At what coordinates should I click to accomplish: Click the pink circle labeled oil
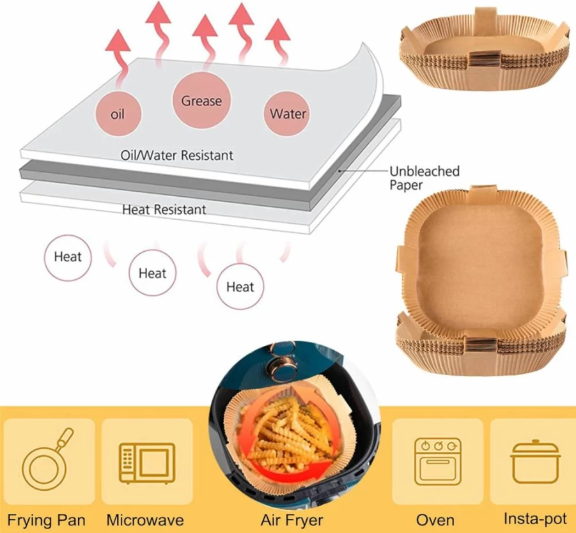pyautogui.click(x=118, y=114)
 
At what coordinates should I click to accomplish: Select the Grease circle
pyautogui.click(x=201, y=100)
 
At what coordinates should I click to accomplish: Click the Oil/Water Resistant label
pyautogui.click(x=176, y=155)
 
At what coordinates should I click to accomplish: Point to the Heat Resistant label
pyautogui.click(x=164, y=210)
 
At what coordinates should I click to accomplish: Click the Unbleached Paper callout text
pyautogui.click(x=424, y=178)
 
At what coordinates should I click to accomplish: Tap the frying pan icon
pyautogui.click(x=47, y=460)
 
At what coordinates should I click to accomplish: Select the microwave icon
pyautogui.click(x=147, y=463)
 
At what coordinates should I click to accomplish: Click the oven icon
pyautogui.click(x=438, y=461)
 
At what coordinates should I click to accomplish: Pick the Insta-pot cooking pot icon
pyautogui.click(x=535, y=461)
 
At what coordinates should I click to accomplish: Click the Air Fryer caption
pyautogui.click(x=292, y=520)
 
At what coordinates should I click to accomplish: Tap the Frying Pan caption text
pyautogui.click(x=46, y=521)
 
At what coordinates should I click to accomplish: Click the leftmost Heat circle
pyautogui.click(x=68, y=258)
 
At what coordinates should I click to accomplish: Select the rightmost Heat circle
pyautogui.click(x=240, y=286)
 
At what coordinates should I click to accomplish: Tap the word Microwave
pyautogui.click(x=145, y=520)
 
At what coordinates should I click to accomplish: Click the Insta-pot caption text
pyautogui.click(x=535, y=519)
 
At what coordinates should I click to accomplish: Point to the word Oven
pyautogui.click(x=435, y=520)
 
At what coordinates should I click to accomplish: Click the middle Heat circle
pyautogui.click(x=152, y=273)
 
